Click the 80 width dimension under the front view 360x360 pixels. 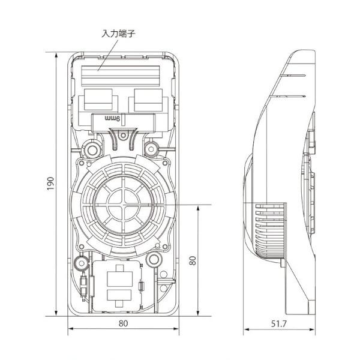pos(124,323)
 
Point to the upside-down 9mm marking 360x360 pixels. pos(113,119)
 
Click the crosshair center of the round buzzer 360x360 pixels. pos(124,204)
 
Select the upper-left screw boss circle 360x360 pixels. pos(92,148)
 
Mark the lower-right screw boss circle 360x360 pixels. pos(154,260)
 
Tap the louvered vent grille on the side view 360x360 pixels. pos(268,231)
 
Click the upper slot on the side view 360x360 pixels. pos(294,76)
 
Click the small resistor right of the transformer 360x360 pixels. pos(142,287)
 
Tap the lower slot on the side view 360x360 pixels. pos(294,96)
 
